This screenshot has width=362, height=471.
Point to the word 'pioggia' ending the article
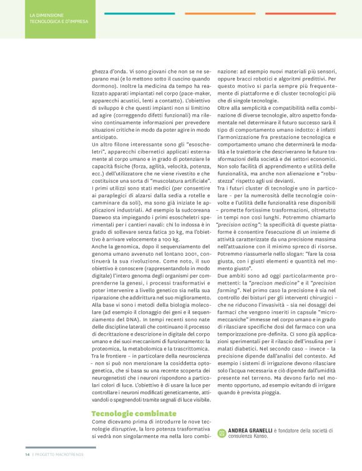click(279, 376)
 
